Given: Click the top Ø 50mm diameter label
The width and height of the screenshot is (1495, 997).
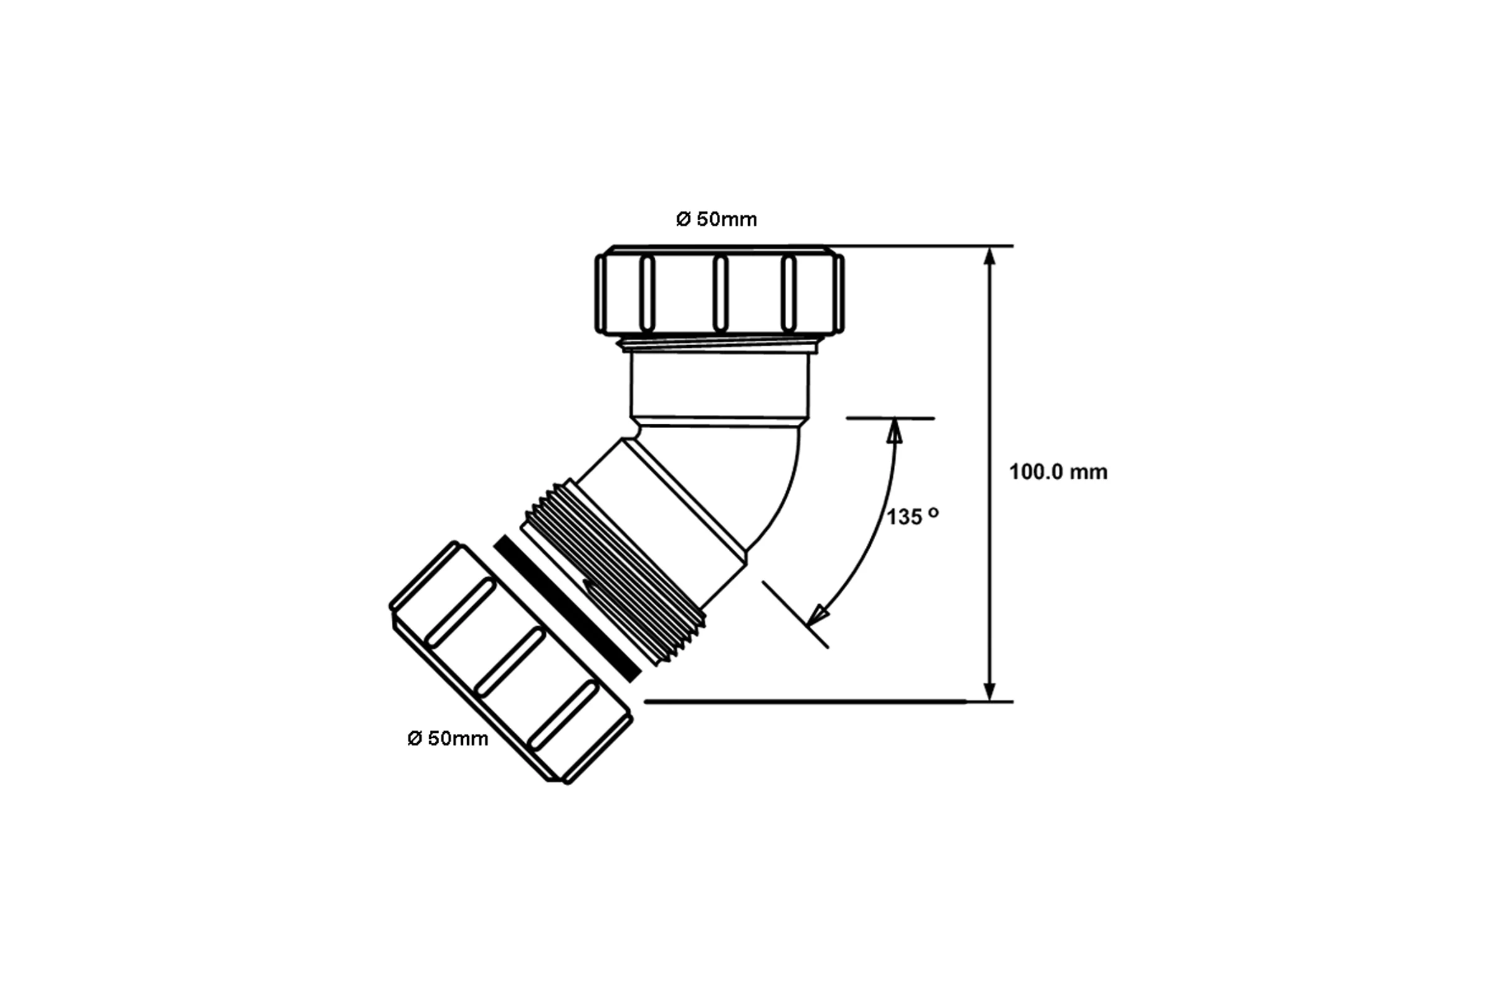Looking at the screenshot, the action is tap(716, 219).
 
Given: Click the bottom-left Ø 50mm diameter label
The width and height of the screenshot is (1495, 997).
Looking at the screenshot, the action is tap(447, 738).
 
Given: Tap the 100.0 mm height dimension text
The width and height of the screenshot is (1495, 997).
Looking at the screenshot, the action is tap(1058, 472).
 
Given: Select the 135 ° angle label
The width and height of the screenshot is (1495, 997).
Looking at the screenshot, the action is tap(913, 517).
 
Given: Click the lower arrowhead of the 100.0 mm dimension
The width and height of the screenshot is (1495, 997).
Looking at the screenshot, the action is tap(989, 692).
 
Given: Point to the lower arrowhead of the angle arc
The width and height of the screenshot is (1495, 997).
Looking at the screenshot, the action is tap(817, 615).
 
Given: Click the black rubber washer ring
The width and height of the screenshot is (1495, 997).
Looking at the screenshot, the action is tap(567, 608).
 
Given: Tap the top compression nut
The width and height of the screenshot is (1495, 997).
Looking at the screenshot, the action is tap(719, 290).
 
